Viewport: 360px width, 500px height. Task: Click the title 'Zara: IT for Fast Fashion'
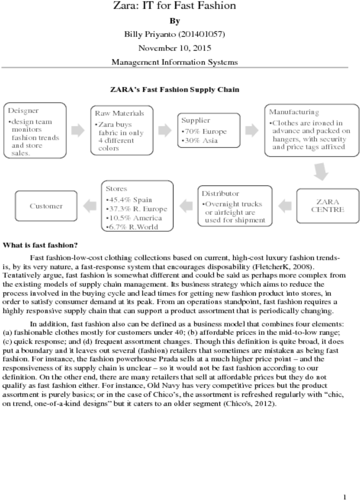175,5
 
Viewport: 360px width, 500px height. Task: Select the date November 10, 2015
175,48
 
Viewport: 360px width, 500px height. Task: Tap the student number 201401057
201,34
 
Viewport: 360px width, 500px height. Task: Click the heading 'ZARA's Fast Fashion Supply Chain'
175,90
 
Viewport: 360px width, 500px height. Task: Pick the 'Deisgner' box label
23,111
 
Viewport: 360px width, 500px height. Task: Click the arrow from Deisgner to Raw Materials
78,130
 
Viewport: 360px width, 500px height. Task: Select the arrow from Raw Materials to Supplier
165,130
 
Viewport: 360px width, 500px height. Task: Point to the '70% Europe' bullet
204,131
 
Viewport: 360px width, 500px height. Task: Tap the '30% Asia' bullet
200,140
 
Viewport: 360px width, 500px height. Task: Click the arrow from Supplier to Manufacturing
252,130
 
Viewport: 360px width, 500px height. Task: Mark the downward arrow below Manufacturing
321,171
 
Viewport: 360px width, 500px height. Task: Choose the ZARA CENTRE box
327,206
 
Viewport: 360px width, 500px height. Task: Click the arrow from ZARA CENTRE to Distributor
285,206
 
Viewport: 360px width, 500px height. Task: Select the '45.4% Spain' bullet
129,200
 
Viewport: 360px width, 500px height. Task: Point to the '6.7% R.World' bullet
132,227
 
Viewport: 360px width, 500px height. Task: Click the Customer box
46,206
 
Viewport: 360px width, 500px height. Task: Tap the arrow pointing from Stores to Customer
90,206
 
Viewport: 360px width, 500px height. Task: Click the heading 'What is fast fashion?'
40,245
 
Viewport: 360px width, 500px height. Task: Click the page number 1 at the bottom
345,496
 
